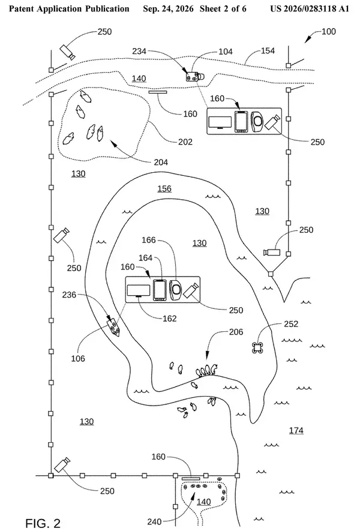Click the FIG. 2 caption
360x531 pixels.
pyautogui.click(x=43, y=523)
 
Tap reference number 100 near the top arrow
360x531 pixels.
pyautogui.click(x=329, y=31)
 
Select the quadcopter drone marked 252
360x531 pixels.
pyautogui.click(x=258, y=347)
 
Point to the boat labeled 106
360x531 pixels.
pyautogui.click(x=113, y=327)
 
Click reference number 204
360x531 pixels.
pyautogui.click(x=161, y=162)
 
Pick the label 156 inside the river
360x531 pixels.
pyautogui.click(x=164, y=188)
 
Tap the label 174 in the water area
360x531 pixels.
pyautogui.click(x=296, y=430)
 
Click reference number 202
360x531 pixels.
pyautogui.click(x=185, y=142)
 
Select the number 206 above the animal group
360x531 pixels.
pyautogui.click(x=236, y=332)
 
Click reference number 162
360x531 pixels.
pyautogui.click(x=169, y=319)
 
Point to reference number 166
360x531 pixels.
pyautogui.click(x=148, y=240)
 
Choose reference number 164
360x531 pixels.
pyautogui.click(x=145, y=258)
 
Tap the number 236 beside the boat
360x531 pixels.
pyautogui.click(x=69, y=295)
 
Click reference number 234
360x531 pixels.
pyautogui.click(x=139, y=51)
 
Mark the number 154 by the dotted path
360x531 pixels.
pyautogui.click(x=268, y=51)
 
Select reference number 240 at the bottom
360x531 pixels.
pyautogui.click(x=154, y=522)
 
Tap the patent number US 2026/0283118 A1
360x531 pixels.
pyautogui.click(x=309, y=8)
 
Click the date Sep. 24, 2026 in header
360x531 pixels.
pyautogui.click(x=168, y=8)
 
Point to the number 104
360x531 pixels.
pyautogui.click(x=225, y=52)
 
